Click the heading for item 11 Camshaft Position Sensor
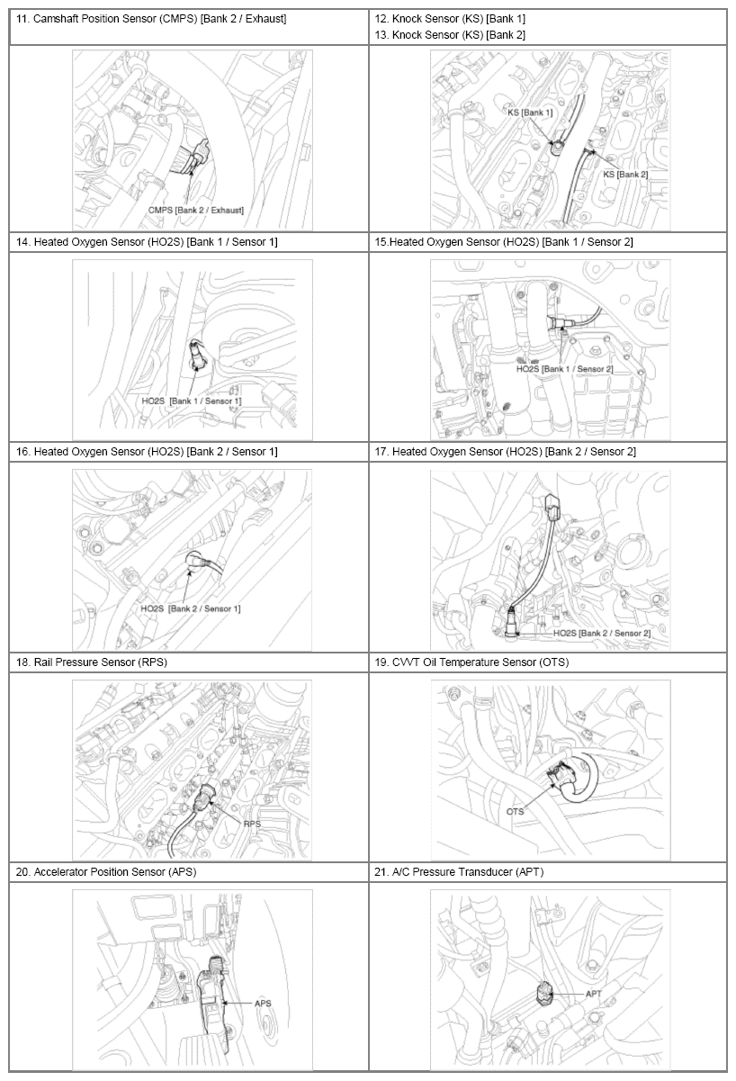(151, 19)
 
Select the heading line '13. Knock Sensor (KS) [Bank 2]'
(450, 35)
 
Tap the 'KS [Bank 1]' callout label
(530, 113)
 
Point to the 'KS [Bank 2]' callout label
(625, 175)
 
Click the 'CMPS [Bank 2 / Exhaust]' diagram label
(196, 211)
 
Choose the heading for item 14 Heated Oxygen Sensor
(147, 242)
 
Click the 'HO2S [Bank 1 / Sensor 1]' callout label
(192, 401)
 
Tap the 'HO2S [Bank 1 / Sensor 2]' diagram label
(565, 369)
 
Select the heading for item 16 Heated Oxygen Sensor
(147, 452)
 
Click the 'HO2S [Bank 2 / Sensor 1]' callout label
(191, 608)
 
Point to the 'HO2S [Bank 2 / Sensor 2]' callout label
(602, 633)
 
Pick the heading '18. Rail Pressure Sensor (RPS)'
(92, 662)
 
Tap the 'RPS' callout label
(252, 824)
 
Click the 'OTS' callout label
(515, 811)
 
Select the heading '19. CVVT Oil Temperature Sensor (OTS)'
(471, 662)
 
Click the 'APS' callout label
(263, 1004)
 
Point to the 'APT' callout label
(593, 994)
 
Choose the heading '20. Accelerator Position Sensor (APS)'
(106, 871)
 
